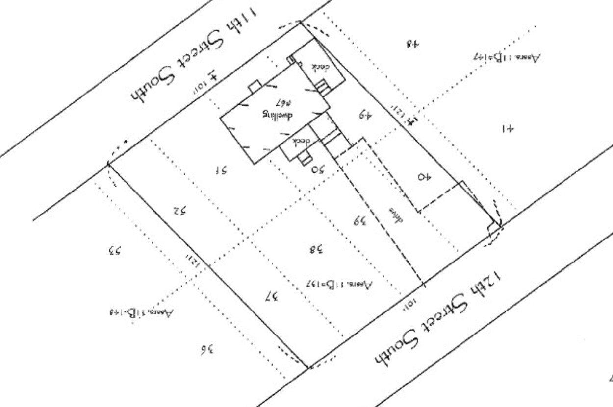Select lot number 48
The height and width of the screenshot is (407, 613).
coord(413,43)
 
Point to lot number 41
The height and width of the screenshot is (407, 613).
coord(508,129)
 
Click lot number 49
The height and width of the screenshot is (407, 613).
coord(365,116)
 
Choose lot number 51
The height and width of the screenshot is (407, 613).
coord(222,170)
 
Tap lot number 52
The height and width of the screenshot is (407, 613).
coord(180,211)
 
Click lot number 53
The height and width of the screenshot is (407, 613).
coord(115,251)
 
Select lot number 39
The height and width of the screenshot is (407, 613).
coord(359,220)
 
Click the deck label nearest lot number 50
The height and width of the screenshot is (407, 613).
coord(301,142)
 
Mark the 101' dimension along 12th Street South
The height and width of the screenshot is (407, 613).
coord(409,304)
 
